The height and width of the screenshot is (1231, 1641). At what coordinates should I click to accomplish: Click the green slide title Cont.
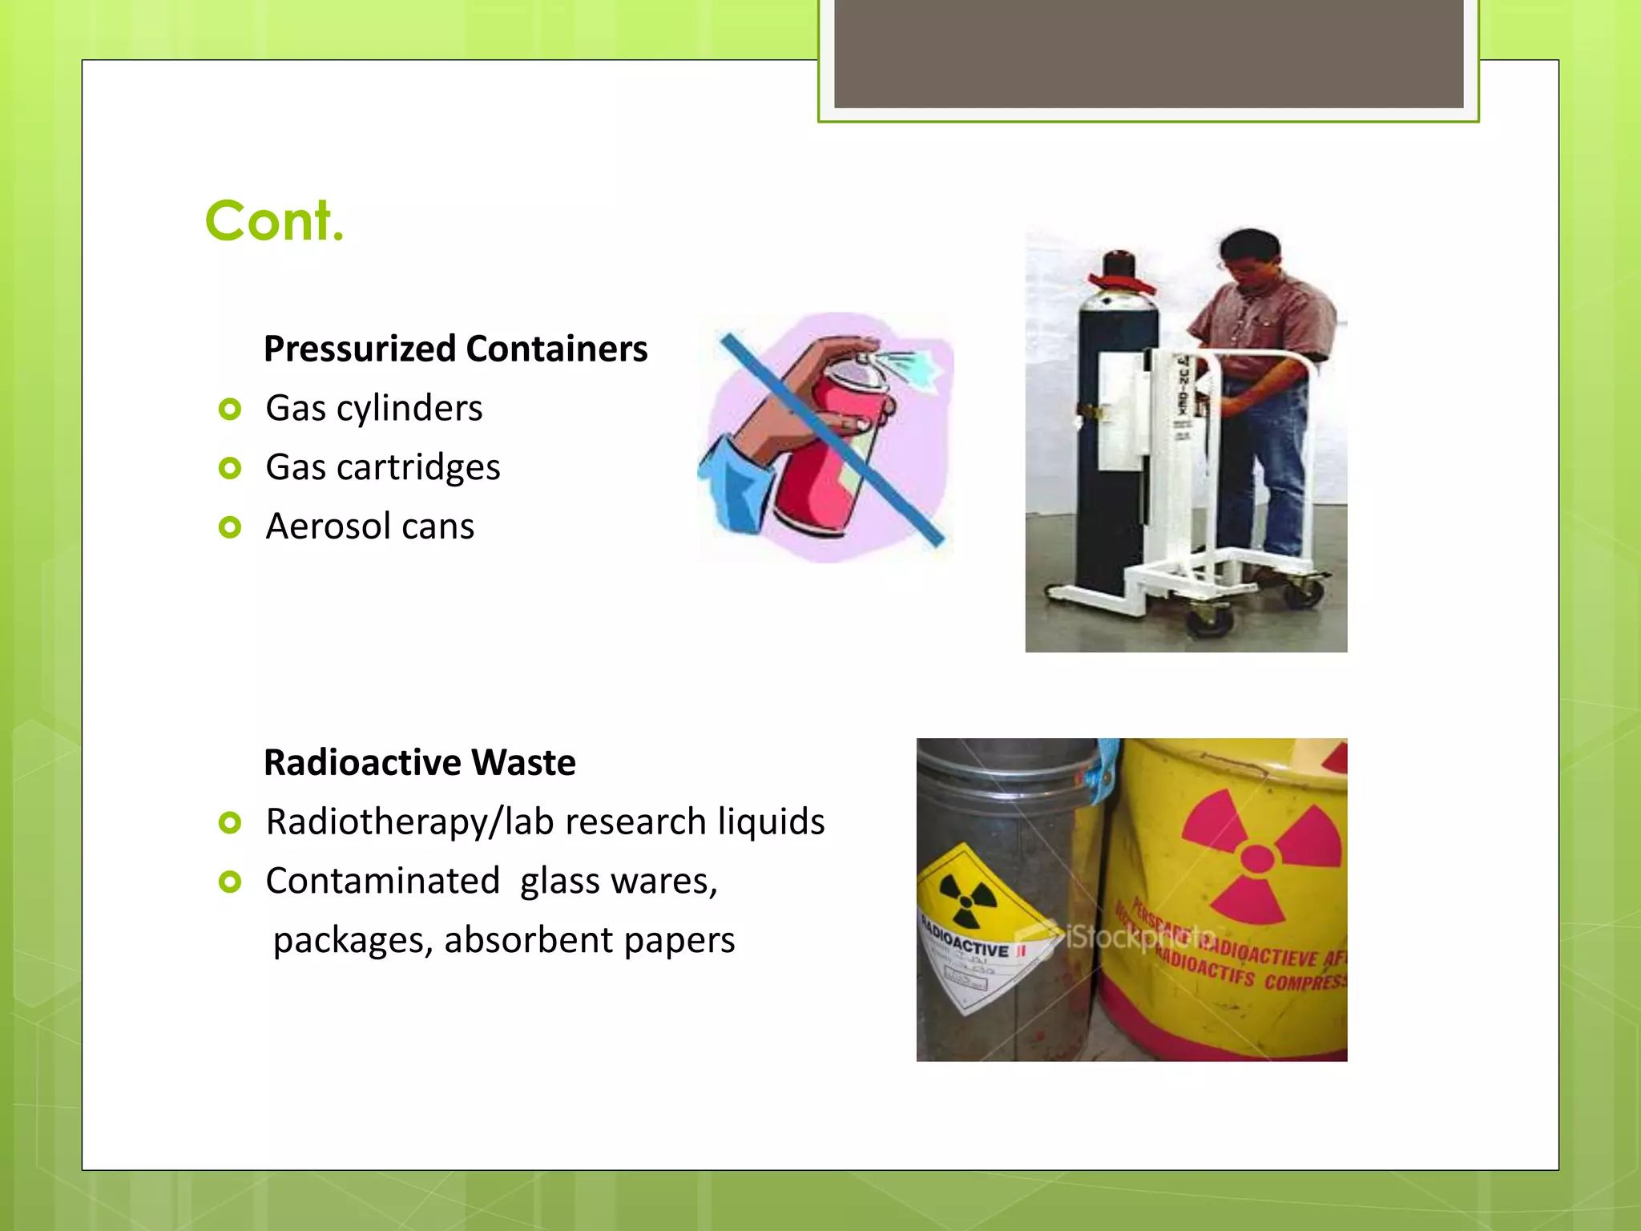[x=274, y=220]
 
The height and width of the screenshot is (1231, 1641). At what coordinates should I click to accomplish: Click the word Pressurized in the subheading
[x=360, y=349]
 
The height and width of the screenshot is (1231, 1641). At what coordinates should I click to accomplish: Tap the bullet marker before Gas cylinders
[x=230, y=410]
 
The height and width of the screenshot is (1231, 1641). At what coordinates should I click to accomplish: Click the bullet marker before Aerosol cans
[x=230, y=527]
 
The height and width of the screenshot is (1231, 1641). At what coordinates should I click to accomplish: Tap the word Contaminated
[x=382, y=882]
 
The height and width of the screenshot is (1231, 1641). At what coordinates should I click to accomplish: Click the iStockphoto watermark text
[x=1138, y=936]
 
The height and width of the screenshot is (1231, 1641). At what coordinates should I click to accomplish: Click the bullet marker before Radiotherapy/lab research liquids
[x=230, y=822]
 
